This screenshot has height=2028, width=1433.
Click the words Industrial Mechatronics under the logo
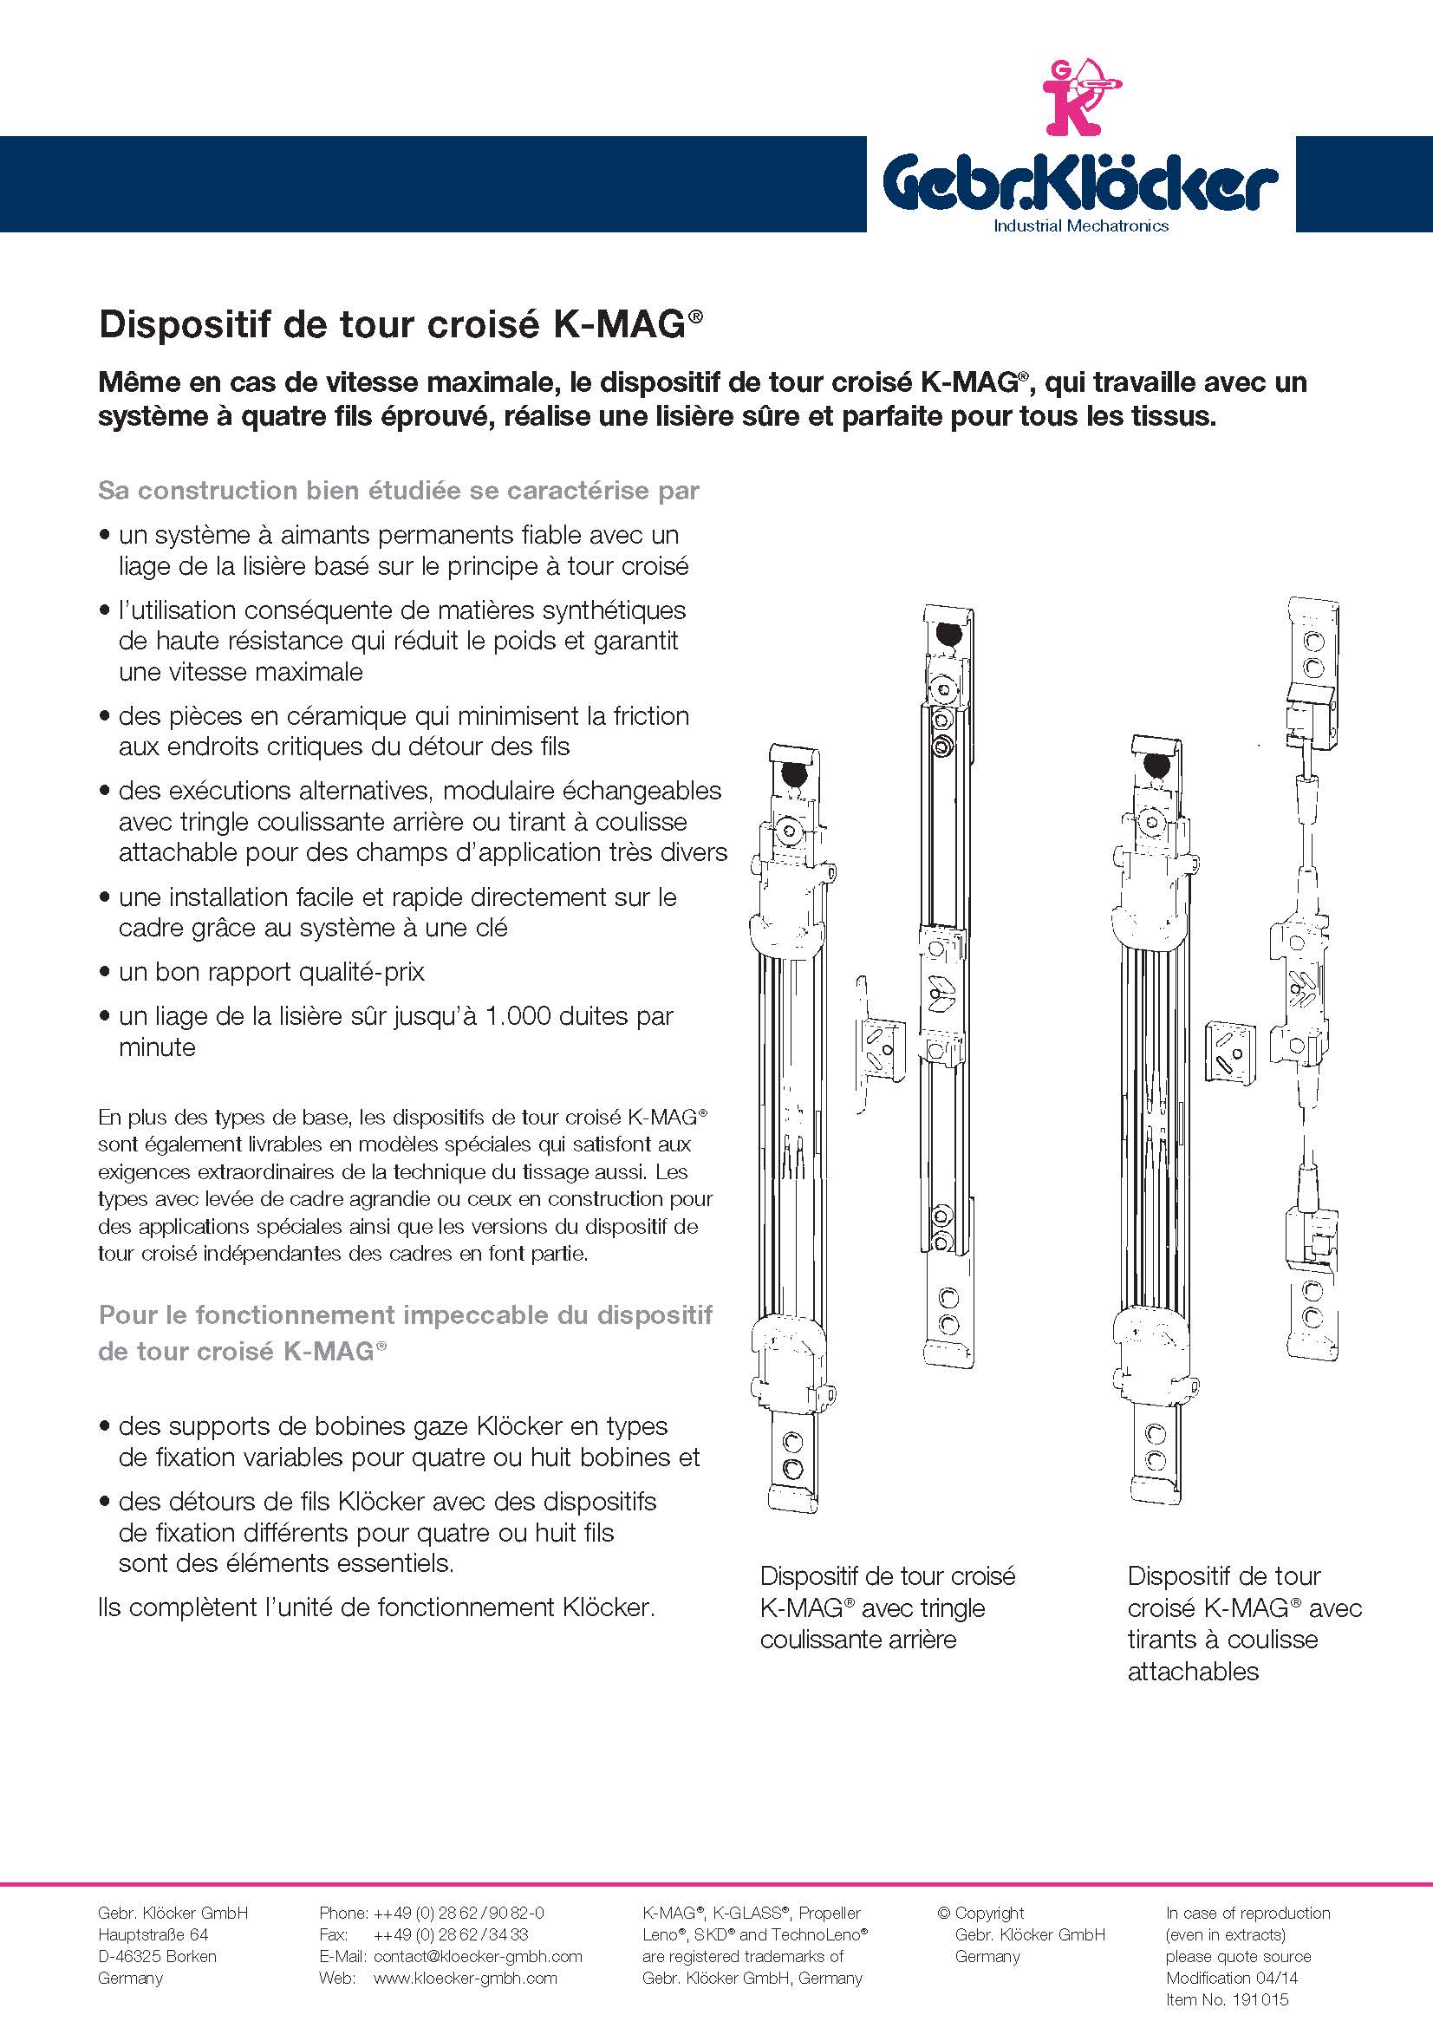tap(1081, 225)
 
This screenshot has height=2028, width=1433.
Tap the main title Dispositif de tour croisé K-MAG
tap(401, 324)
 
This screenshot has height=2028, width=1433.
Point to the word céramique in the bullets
tap(340, 715)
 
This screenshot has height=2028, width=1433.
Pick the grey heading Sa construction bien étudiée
tap(399, 490)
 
